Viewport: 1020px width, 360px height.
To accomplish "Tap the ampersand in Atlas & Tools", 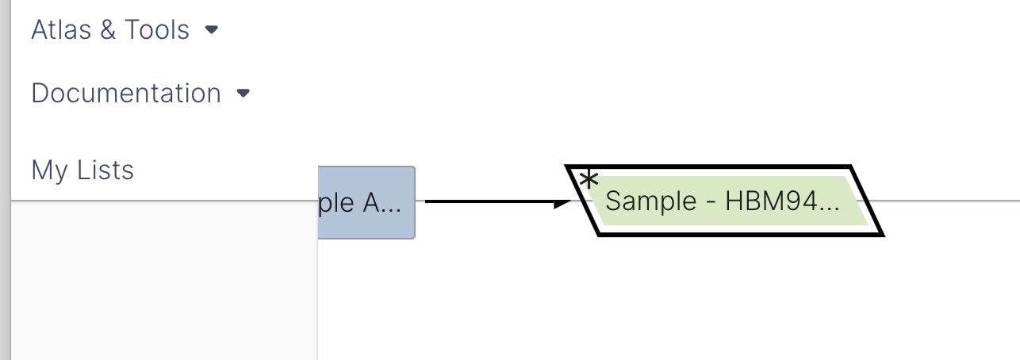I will [x=105, y=30].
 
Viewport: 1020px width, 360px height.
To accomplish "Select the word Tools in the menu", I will [x=157, y=30].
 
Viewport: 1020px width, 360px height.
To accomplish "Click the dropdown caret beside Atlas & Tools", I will [x=211, y=30].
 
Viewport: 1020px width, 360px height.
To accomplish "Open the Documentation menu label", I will [x=126, y=94].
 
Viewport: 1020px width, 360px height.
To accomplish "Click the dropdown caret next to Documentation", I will [x=243, y=94].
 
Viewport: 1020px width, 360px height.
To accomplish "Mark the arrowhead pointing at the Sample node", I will [x=562, y=202].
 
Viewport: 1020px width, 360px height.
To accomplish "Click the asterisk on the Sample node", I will [x=588, y=181].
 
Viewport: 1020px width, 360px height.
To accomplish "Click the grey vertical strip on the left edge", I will [x=5, y=180].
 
